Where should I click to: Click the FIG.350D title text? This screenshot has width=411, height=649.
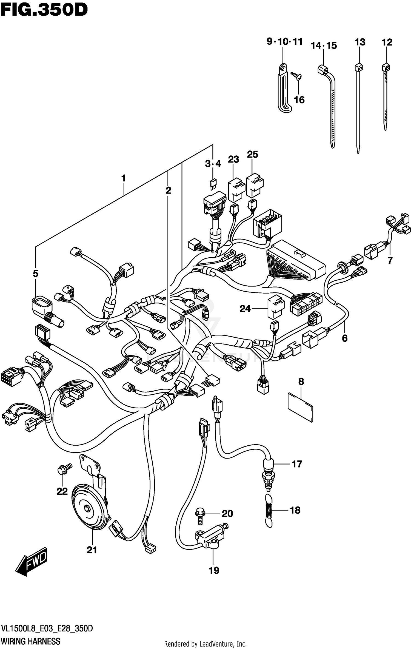pyautogui.click(x=44, y=10)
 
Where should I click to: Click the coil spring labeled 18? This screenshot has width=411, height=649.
pyautogui.click(x=269, y=510)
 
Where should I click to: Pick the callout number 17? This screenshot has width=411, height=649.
pyautogui.click(x=297, y=464)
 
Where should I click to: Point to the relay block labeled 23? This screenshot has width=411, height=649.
pyautogui.click(x=236, y=190)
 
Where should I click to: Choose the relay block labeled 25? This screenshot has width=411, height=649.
pyautogui.click(x=255, y=185)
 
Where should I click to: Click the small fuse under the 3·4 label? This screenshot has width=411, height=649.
pyautogui.click(x=213, y=184)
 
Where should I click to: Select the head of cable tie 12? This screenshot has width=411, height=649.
pyautogui.click(x=386, y=67)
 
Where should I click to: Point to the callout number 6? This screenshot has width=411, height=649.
pyautogui.click(x=344, y=338)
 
